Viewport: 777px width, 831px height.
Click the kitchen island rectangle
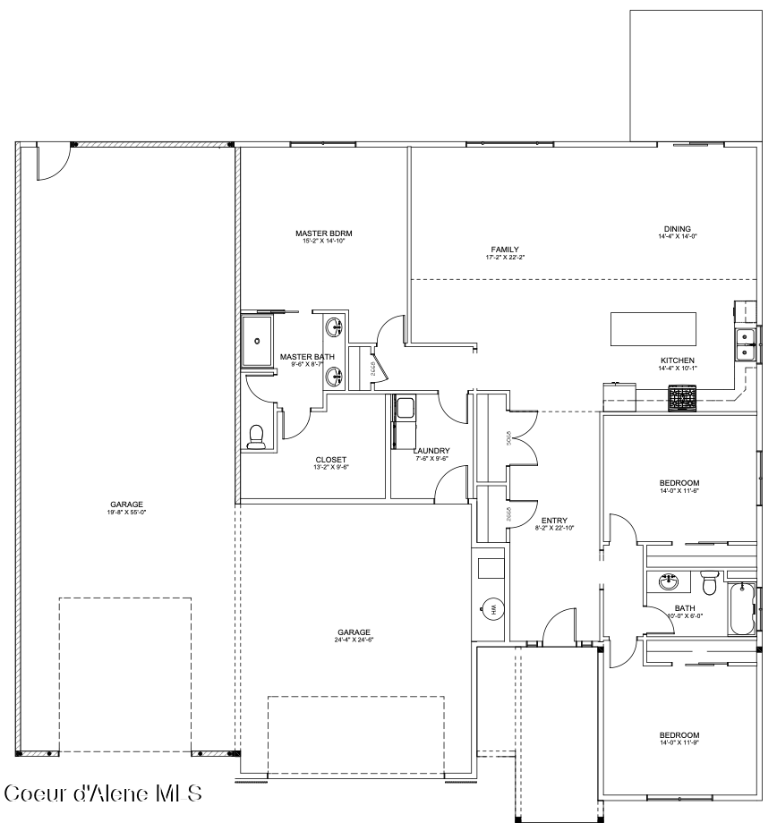(x=653, y=329)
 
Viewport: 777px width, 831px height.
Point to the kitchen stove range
(x=682, y=399)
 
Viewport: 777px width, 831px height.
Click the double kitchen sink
(x=744, y=343)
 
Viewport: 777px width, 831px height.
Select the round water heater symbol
(x=491, y=610)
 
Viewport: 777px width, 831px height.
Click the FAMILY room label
(x=504, y=250)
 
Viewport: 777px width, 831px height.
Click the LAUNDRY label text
(x=431, y=451)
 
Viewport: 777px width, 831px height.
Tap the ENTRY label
(x=554, y=521)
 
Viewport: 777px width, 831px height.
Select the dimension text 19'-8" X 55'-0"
(x=126, y=513)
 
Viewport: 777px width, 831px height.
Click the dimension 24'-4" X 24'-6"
(x=354, y=640)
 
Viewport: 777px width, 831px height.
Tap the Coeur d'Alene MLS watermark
(x=103, y=794)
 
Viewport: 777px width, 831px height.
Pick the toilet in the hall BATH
(x=710, y=582)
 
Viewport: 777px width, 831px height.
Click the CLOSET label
(x=330, y=460)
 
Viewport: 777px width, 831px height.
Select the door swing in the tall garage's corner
(x=51, y=162)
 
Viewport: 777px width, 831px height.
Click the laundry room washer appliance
(x=404, y=408)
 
